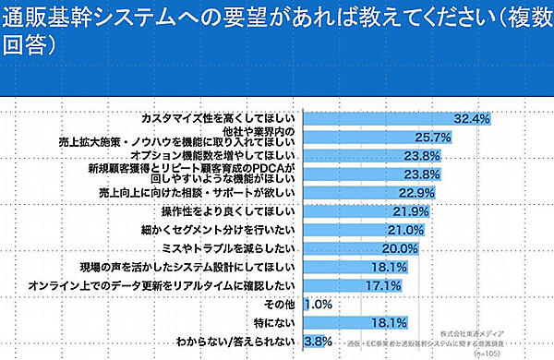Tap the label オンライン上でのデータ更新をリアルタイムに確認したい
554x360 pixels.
(162, 285)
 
